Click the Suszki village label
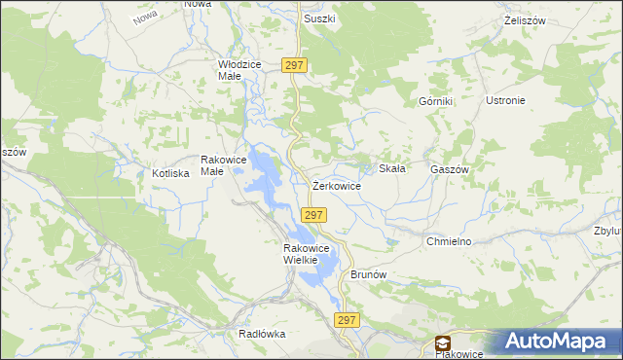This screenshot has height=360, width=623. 318,18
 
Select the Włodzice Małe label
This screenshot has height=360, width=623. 239,70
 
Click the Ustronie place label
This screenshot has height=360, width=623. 504,100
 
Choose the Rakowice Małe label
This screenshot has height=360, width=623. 225,165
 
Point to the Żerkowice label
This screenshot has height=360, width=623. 337,185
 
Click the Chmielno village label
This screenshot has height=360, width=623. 449,240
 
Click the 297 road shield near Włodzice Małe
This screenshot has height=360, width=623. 296,65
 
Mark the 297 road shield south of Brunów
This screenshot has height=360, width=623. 348,320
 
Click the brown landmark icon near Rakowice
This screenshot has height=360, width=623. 443,342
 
